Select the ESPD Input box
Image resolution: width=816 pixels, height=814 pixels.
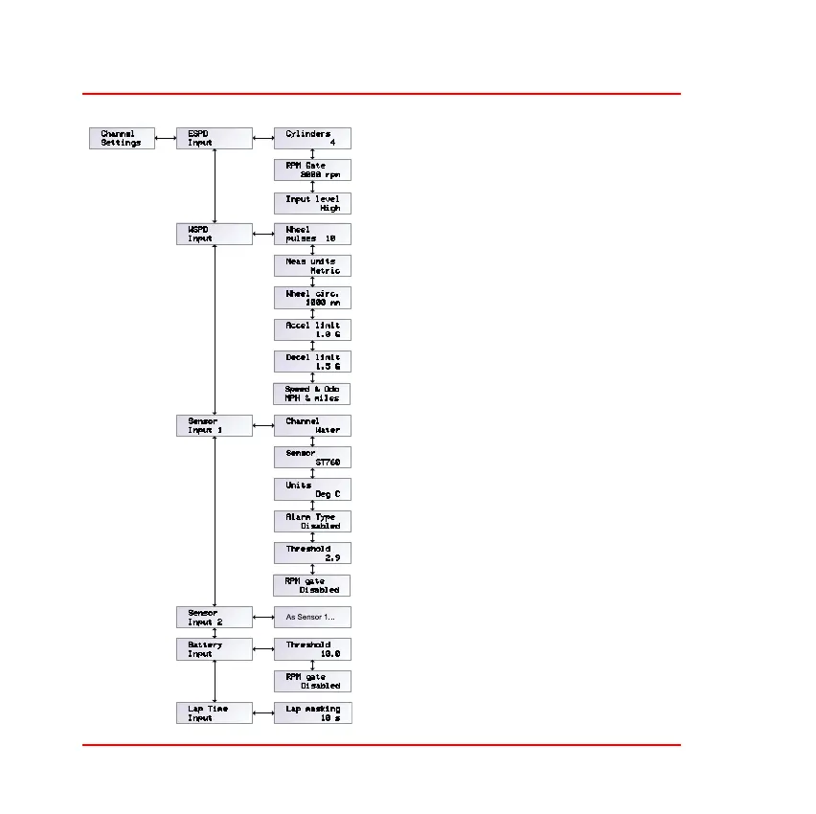tap(214, 138)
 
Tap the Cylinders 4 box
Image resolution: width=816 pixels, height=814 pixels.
tap(312, 138)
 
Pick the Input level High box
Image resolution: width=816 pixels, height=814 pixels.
tap(312, 203)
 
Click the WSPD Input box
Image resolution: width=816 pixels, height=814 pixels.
tap(214, 234)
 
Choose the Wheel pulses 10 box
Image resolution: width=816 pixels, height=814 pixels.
tap(312, 234)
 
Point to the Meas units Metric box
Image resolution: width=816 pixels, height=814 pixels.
tap(312, 265)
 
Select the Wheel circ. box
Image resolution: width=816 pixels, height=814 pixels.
tap(312, 297)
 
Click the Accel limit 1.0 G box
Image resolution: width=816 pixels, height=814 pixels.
tap(312, 329)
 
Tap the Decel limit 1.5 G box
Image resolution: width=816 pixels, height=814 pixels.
tap(312, 361)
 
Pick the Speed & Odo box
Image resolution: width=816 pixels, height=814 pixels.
tap(312, 393)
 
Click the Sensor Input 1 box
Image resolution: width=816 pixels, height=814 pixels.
tap(214, 425)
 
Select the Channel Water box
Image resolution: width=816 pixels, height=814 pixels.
tap(312, 425)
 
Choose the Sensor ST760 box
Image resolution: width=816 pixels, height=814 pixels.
tap(312, 457)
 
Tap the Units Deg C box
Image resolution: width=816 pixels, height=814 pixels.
tap(312, 488)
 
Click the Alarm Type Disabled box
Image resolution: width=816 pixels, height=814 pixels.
tap(312, 521)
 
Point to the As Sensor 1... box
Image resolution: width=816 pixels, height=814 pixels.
tap(312, 617)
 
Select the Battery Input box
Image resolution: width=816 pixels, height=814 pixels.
tap(214, 649)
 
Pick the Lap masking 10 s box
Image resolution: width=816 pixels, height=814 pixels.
tap(312, 712)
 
